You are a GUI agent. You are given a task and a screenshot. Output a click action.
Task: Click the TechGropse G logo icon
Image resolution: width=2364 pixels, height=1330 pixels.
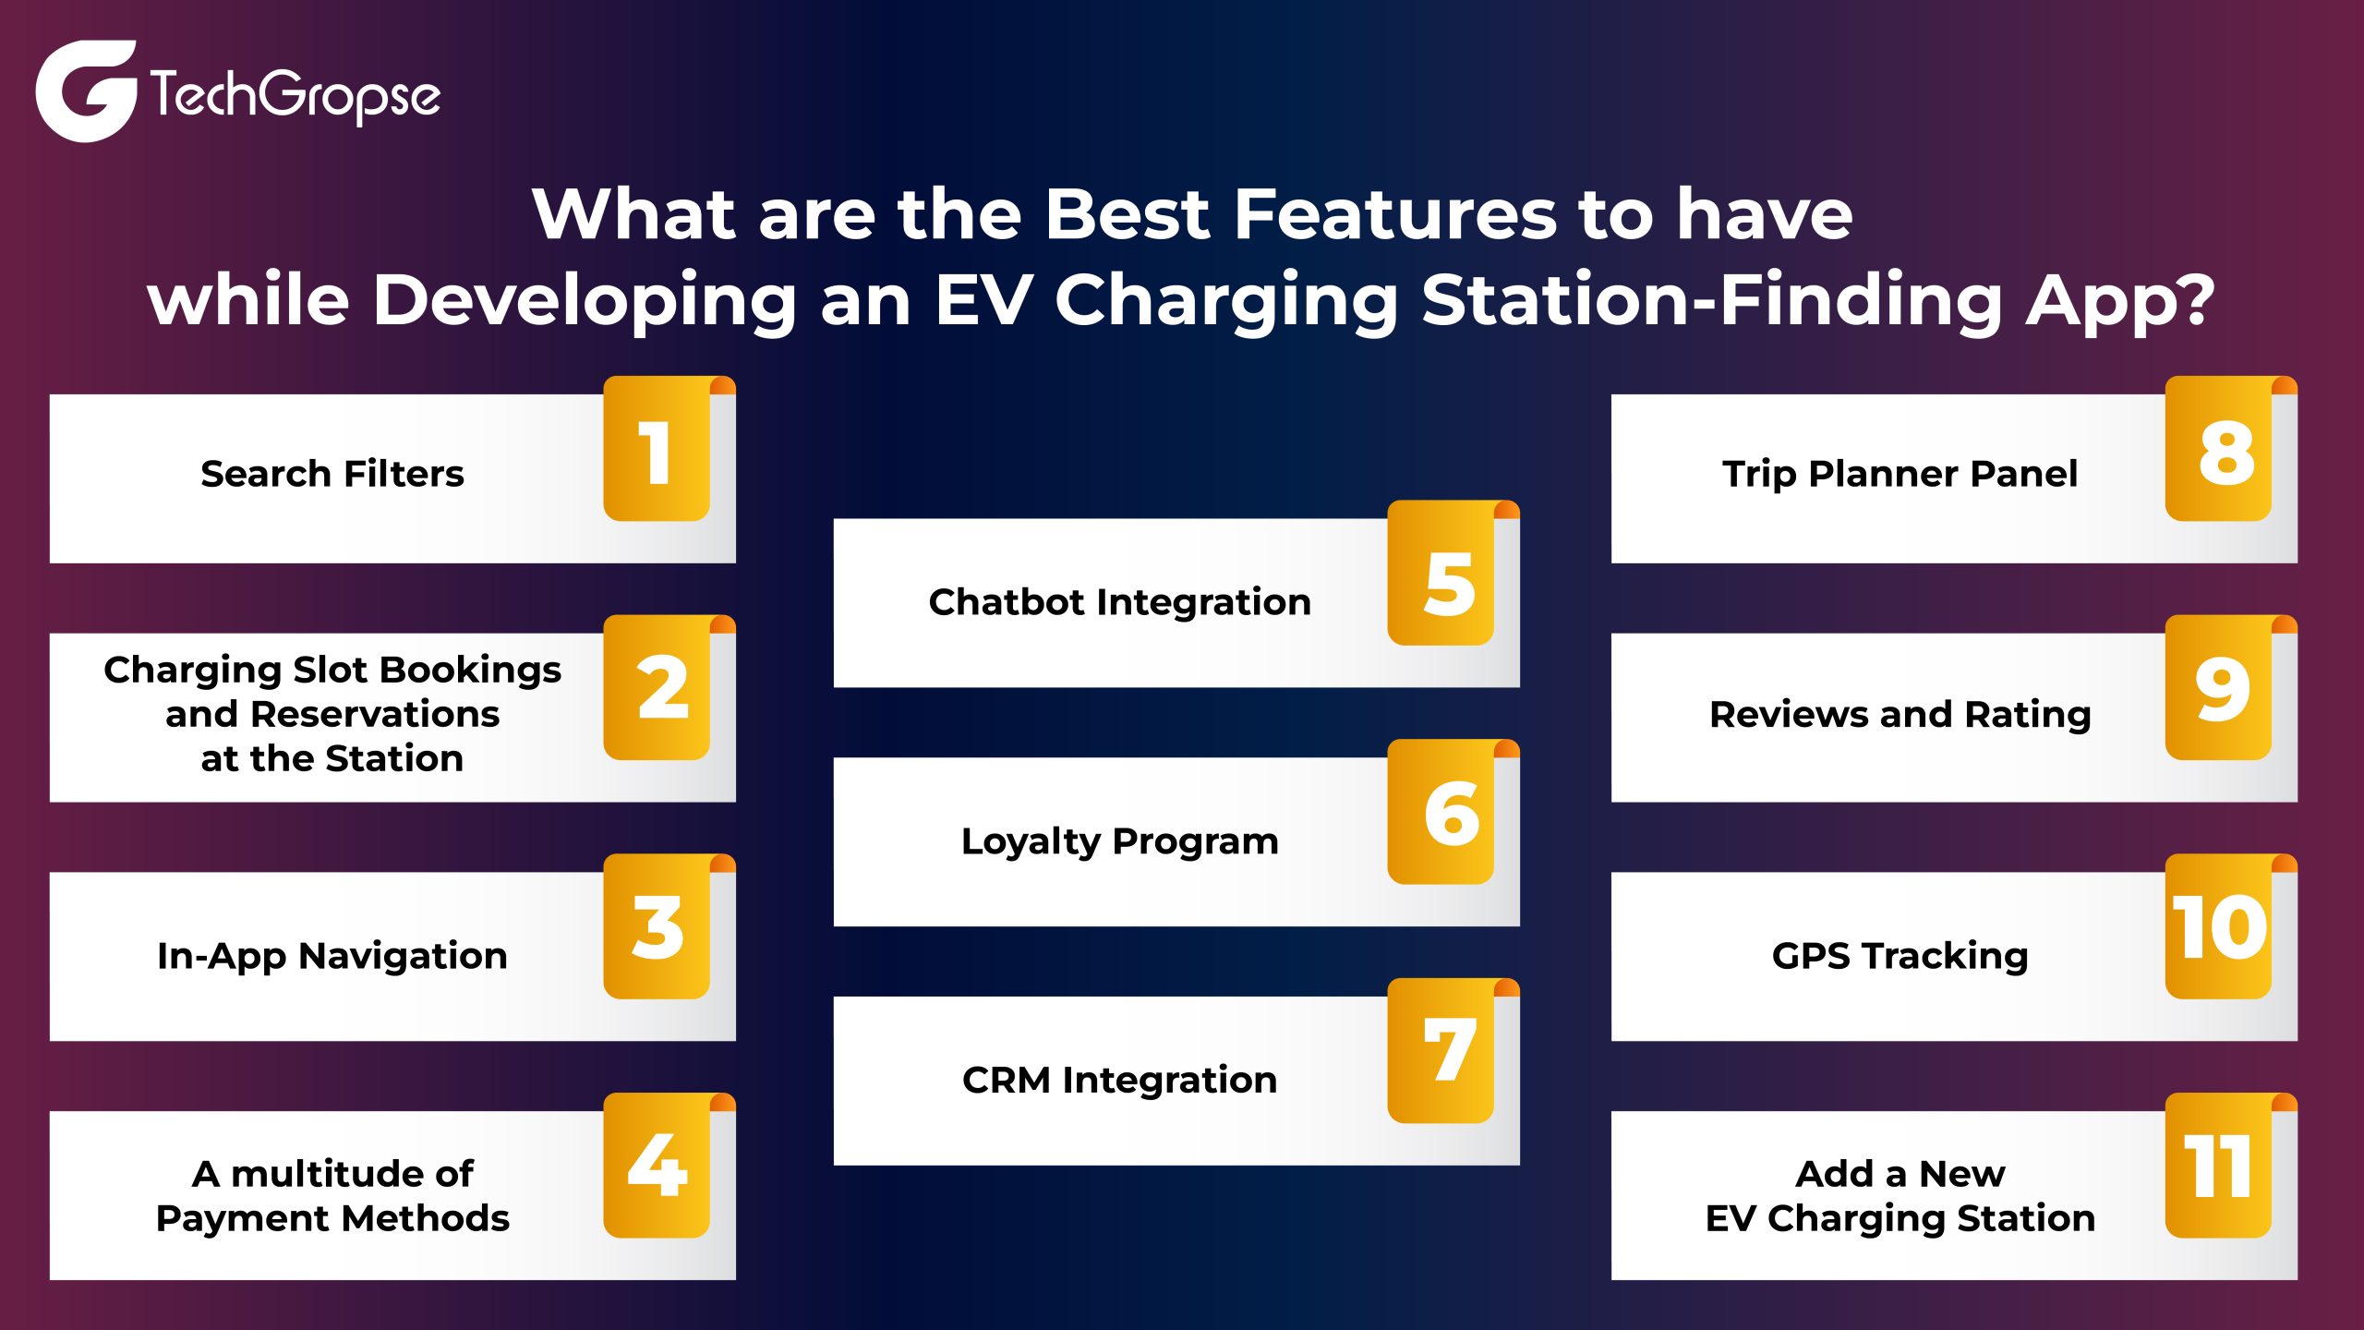(85, 91)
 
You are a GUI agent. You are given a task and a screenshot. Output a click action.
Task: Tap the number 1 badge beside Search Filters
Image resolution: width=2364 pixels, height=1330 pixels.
(656, 451)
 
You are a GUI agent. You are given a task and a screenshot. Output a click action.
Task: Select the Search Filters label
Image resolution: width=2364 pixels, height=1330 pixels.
(332, 474)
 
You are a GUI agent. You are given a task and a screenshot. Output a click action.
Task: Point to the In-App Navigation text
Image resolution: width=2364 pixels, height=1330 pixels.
(332, 956)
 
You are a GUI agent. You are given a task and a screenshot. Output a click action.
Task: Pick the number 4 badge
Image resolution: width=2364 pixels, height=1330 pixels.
(657, 1166)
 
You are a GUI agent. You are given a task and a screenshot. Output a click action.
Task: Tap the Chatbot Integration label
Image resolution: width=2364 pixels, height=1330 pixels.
(1119, 602)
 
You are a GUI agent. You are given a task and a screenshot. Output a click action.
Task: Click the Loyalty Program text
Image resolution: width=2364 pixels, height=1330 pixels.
(1119, 841)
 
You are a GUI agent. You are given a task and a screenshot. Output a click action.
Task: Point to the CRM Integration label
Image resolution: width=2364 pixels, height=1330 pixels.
(1119, 1080)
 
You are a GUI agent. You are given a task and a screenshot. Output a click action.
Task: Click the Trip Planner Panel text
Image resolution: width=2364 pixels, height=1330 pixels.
(1900, 474)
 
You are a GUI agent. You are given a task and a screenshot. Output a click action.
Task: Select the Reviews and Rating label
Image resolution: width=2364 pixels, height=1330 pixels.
(1900, 715)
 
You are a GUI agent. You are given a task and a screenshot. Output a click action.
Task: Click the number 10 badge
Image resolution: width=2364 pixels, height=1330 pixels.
(2218, 927)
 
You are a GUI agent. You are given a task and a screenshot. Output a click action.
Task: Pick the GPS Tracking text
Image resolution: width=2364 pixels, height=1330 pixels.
(1900, 956)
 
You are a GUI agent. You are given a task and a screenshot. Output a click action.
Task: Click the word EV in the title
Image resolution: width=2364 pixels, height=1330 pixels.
(982, 300)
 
